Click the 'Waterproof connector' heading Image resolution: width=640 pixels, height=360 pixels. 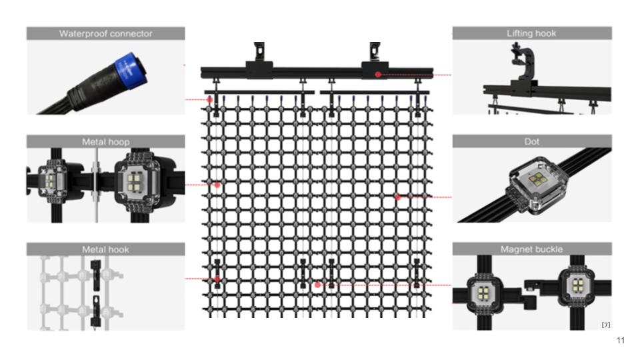[105, 33]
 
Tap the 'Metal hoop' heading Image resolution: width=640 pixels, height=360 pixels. [105, 141]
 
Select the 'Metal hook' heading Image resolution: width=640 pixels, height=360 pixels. [105, 249]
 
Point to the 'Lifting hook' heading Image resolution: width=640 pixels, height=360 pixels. [531, 33]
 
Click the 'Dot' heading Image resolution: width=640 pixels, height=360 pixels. [531, 141]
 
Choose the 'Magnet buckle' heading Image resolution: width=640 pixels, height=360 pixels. [531, 249]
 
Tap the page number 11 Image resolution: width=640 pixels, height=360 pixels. [621, 341]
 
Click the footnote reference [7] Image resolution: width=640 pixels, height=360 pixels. [606, 325]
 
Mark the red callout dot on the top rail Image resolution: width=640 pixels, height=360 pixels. [378, 74]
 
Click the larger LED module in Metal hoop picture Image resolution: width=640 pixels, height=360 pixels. [136, 181]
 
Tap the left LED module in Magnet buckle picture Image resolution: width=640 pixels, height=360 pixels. [484, 293]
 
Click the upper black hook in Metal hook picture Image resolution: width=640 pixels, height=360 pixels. [96, 275]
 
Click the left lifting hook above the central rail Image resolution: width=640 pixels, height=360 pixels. [259, 52]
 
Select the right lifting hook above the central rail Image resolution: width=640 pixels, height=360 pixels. [375, 52]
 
